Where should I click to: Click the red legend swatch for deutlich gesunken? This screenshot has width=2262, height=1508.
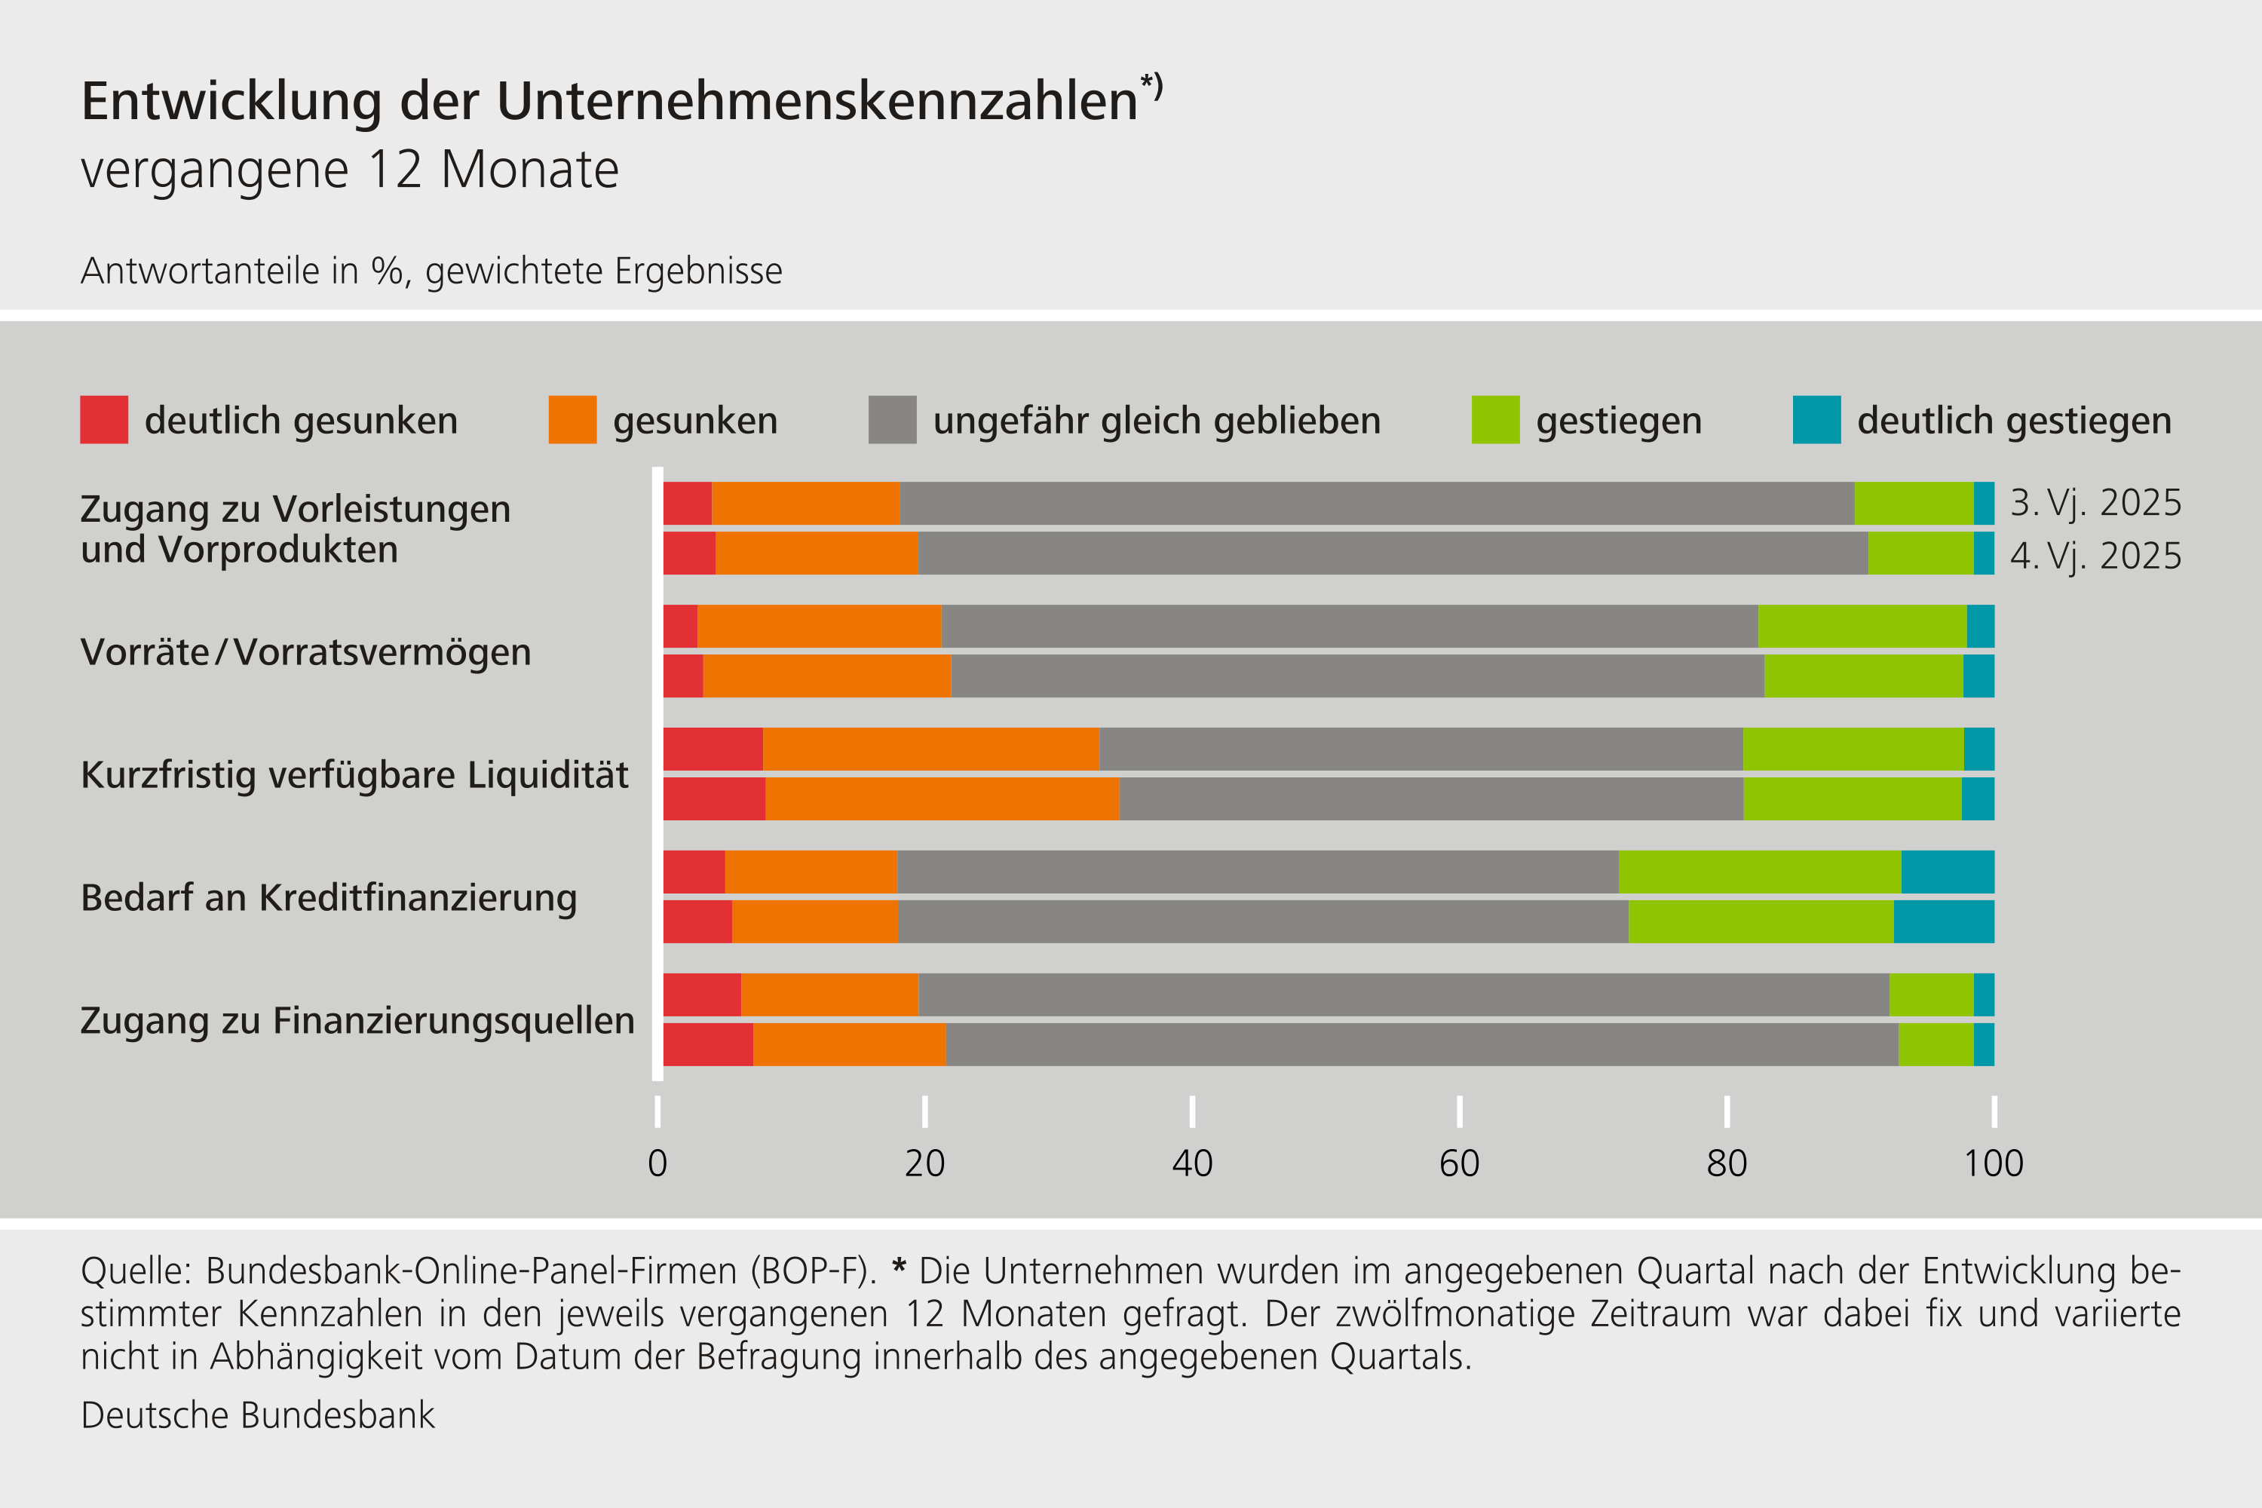point(104,419)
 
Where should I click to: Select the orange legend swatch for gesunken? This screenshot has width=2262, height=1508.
point(572,419)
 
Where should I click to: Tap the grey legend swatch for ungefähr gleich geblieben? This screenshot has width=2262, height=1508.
point(891,419)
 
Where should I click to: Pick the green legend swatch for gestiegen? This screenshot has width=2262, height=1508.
point(1495,419)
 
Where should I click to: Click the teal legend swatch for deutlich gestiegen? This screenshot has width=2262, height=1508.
point(1816,419)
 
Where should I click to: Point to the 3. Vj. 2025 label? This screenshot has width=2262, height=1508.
point(2095,503)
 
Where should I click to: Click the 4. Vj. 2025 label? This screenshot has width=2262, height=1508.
point(2095,556)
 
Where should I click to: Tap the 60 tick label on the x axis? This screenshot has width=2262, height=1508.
point(1459,1163)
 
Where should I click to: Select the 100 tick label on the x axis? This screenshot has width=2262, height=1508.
point(1993,1163)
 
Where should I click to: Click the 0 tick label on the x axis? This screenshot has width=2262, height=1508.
point(657,1163)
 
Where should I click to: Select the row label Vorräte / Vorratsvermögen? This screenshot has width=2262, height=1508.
point(306,652)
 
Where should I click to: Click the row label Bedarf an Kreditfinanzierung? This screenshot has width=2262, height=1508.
point(329,897)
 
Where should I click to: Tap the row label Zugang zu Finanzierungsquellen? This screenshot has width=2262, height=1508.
point(357,1020)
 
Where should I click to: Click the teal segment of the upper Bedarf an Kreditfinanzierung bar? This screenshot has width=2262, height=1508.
point(1947,872)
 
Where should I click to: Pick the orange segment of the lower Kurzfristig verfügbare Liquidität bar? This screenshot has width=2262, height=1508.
point(942,799)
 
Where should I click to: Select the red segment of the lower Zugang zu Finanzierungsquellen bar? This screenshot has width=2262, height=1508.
point(708,1044)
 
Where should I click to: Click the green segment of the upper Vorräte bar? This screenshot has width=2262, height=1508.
point(1862,626)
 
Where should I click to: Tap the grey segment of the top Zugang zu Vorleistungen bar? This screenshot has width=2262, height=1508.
point(1376,503)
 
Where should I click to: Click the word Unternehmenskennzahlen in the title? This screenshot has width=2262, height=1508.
point(817,101)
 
